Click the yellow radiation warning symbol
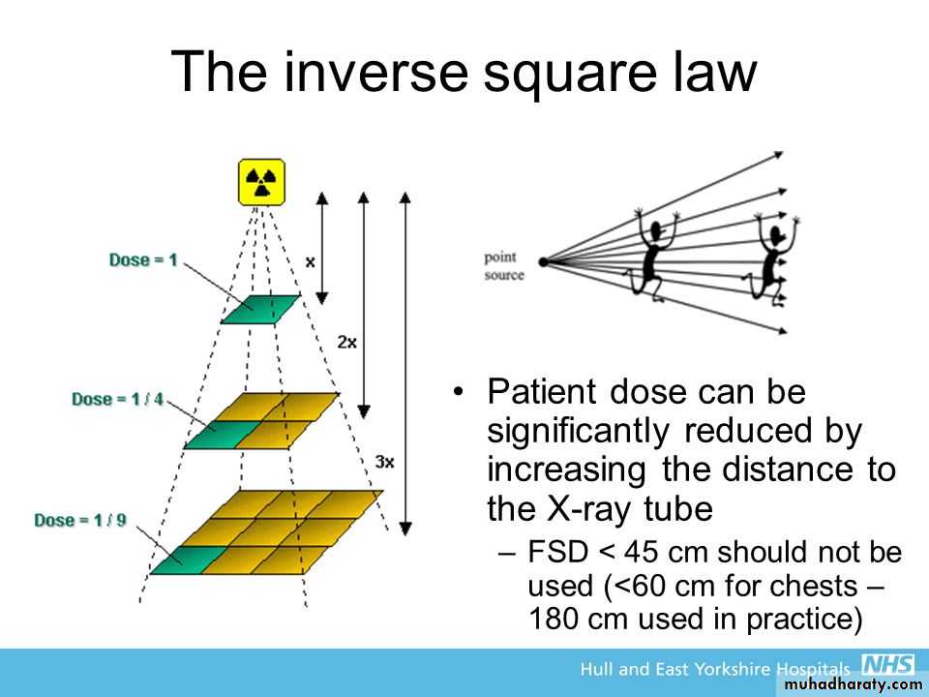[x=261, y=182]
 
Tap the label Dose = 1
[x=143, y=260]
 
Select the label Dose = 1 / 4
[x=117, y=399]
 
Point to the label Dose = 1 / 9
[x=80, y=521]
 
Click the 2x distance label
[x=347, y=342]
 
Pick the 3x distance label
[x=384, y=462]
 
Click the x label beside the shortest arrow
[x=310, y=261]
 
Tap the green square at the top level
[x=260, y=310]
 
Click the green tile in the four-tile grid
[x=223, y=435]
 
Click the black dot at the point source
[x=543, y=261]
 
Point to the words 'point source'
[x=504, y=266]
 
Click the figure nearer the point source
[x=650, y=255]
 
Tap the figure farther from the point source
[x=772, y=259]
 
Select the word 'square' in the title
[x=570, y=76]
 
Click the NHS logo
[x=887, y=664]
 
